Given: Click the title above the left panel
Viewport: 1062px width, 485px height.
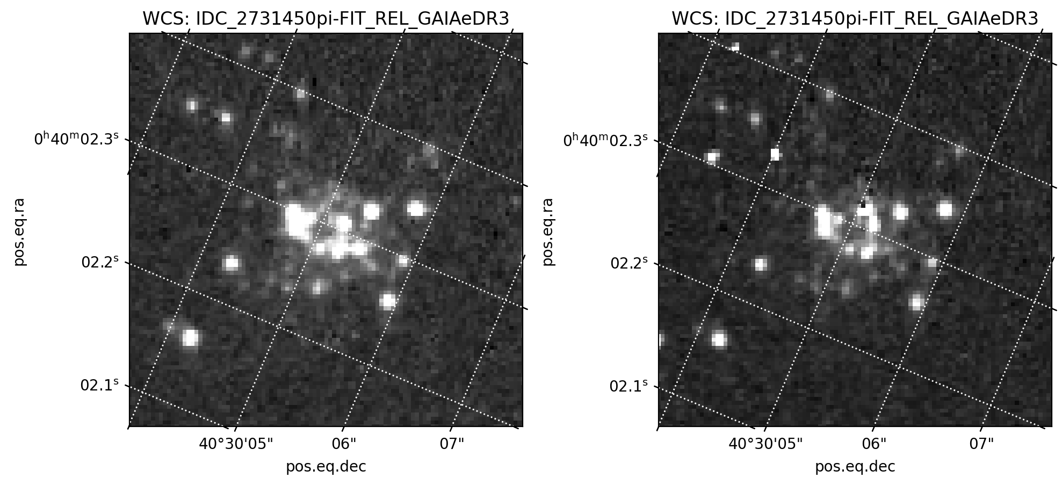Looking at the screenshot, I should (326, 19).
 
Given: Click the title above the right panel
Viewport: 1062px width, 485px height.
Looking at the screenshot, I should (855, 19).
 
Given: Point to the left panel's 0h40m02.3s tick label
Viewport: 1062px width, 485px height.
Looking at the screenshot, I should (76, 140).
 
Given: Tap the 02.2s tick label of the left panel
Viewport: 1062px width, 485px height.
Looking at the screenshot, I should (100, 262).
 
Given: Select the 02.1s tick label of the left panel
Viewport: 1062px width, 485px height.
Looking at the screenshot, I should (99, 386).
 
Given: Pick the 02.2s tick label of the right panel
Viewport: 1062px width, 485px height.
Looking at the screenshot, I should (629, 263).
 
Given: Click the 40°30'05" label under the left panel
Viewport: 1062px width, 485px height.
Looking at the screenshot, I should (236, 444).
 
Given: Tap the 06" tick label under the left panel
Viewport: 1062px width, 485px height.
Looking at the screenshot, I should (344, 444).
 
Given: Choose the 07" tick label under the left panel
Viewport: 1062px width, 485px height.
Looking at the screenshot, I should (452, 444).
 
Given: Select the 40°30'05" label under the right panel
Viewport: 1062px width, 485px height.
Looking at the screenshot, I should (765, 444).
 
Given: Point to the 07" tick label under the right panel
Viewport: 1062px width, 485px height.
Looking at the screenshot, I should (981, 444).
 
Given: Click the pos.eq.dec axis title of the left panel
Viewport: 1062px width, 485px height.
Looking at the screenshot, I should (326, 467).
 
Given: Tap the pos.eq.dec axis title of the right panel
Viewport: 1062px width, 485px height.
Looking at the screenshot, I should (855, 467).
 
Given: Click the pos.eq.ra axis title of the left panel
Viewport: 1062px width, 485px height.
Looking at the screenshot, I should (20, 231).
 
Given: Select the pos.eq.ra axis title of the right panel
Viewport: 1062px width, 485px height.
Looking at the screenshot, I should (548, 231).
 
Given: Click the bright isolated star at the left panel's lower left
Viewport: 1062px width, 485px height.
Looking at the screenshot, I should (190, 338).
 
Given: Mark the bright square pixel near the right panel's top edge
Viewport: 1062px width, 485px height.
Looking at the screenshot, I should (735, 47).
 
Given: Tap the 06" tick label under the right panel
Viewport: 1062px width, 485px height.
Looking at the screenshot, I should (873, 444).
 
